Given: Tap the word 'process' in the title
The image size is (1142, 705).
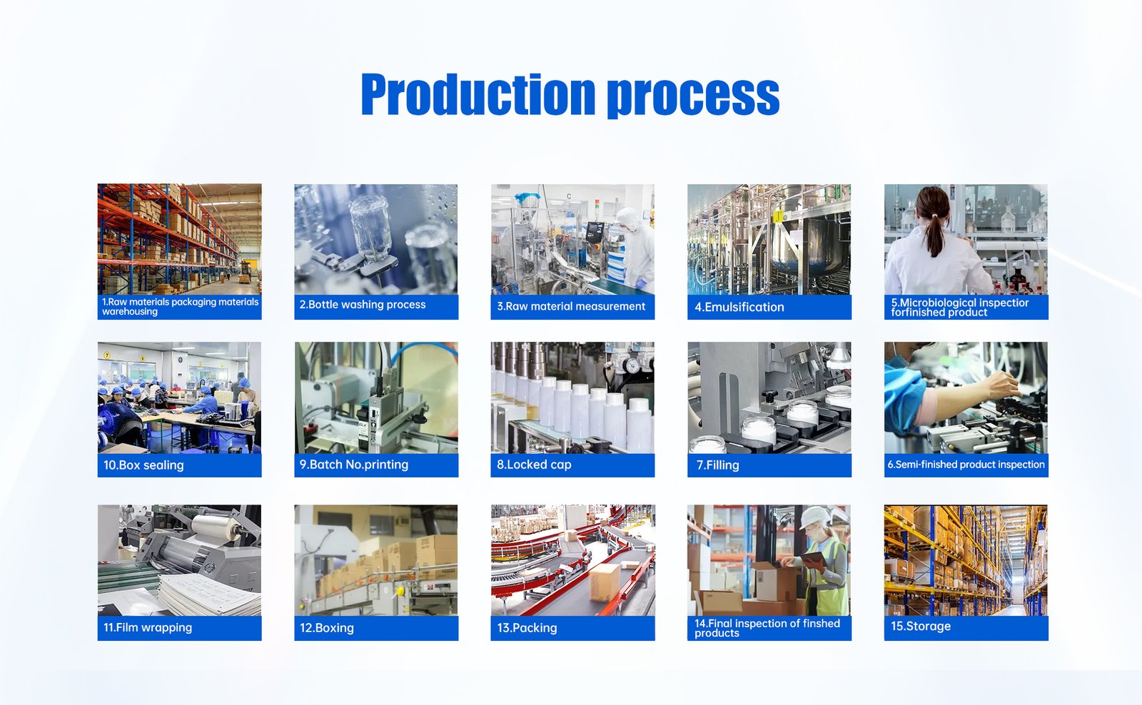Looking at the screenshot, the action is tap(693, 96).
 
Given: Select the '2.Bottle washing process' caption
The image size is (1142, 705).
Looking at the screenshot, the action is tap(362, 305).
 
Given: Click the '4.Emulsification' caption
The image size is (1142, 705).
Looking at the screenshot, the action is tap(739, 307).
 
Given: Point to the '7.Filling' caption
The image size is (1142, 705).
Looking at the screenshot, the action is tap(717, 465).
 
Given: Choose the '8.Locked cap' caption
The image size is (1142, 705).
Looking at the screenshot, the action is tap(534, 465).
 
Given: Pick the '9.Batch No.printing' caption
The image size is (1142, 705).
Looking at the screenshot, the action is tap(354, 465).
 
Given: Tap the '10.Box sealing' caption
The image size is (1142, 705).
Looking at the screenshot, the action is tap(143, 465).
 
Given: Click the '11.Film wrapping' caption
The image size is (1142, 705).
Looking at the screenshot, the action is tap(147, 627).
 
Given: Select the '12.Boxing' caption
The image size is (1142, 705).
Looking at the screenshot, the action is tap(326, 627).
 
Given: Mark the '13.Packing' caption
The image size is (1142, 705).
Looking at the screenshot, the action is tap(527, 627).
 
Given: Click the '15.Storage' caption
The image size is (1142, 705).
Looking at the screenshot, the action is tap(920, 626).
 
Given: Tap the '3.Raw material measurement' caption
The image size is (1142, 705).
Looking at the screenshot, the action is tap(571, 306).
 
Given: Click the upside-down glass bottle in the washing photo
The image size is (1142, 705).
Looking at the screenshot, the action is tap(371, 228).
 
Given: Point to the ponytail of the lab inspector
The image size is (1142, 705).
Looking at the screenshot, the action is tap(934, 236).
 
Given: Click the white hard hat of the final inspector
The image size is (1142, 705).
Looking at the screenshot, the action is tap(817, 517).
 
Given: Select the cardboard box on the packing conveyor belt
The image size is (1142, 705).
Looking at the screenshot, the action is tap(605, 582).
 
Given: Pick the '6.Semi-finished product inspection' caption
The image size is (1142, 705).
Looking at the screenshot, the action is tap(966, 465).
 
